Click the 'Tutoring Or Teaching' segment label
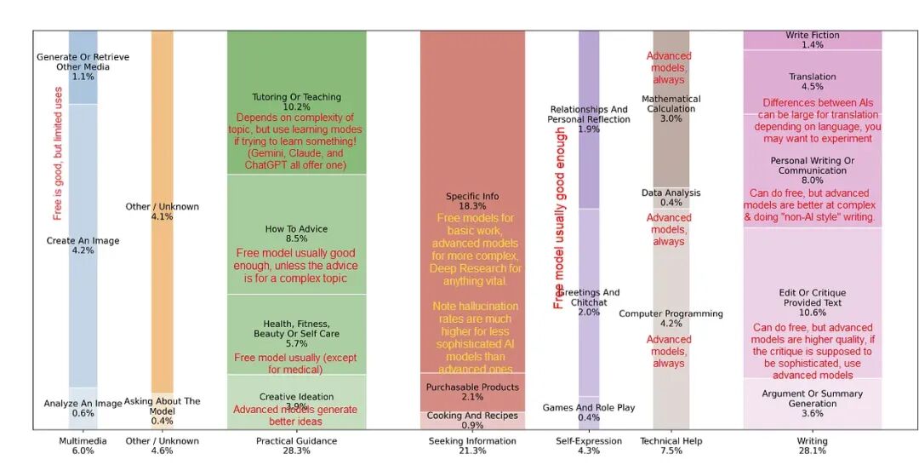click(296, 97)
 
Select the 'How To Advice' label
click(296, 229)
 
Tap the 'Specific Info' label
click(472, 197)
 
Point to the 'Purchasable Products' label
click(472, 388)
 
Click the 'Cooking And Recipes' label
click(472, 415)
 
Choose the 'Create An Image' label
click(83, 241)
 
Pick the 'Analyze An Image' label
click(83, 404)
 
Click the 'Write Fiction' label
click(812, 35)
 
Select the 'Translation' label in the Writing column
click(812, 77)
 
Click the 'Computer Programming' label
click(671, 313)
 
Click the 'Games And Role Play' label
click(589, 408)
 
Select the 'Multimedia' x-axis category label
click(83, 441)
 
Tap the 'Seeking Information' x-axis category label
click(472, 441)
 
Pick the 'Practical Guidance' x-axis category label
click(296, 441)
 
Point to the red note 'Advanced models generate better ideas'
click(296, 415)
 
